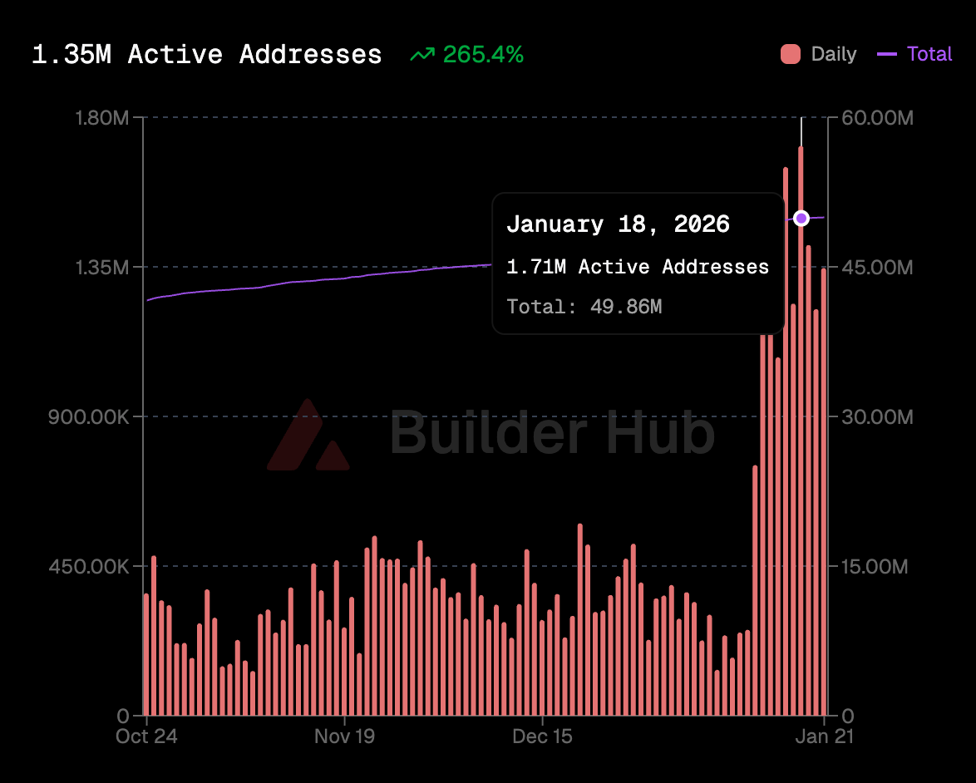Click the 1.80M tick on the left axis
click(x=101, y=118)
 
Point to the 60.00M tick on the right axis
click(x=877, y=118)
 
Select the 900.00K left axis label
click(x=88, y=416)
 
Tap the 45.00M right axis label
click(x=877, y=268)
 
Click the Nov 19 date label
click(x=344, y=736)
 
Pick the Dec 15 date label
click(x=542, y=736)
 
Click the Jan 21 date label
click(x=824, y=736)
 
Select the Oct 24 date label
click(x=147, y=736)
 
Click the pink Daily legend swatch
click(x=791, y=55)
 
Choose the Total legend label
click(x=929, y=55)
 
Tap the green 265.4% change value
click(x=483, y=55)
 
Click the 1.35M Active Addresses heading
click(x=207, y=55)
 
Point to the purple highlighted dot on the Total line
click(x=801, y=218)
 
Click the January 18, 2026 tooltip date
click(x=618, y=224)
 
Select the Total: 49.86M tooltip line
click(x=584, y=307)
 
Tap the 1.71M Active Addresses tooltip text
click(x=638, y=267)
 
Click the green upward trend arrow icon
click(x=422, y=55)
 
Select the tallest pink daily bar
click(x=801, y=432)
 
